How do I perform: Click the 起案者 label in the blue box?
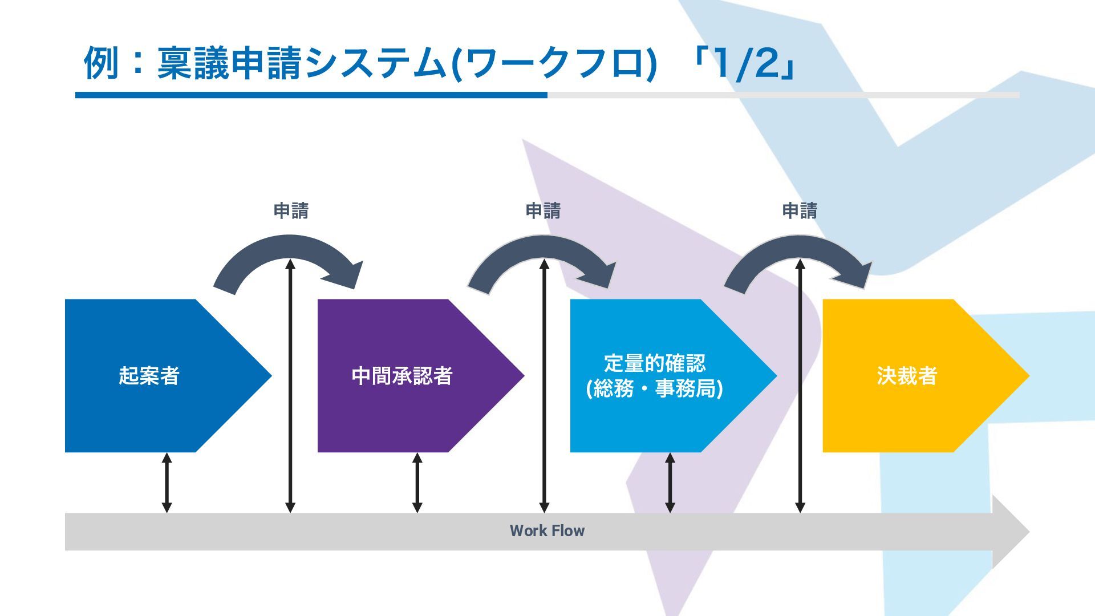point(149,376)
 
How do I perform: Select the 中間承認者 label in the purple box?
point(402,376)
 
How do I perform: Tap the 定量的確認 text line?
point(655,363)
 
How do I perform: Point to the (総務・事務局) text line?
point(655,389)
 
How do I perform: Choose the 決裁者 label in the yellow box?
point(907,376)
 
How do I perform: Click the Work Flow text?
point(547,531)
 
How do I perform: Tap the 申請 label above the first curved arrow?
point(291,211)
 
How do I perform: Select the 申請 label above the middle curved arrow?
point(543,211)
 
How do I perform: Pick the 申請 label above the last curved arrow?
point(800,211)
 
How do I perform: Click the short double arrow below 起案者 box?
point(167,483)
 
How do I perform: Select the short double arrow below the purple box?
point(417,483)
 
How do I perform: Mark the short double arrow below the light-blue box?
point(670,483)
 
